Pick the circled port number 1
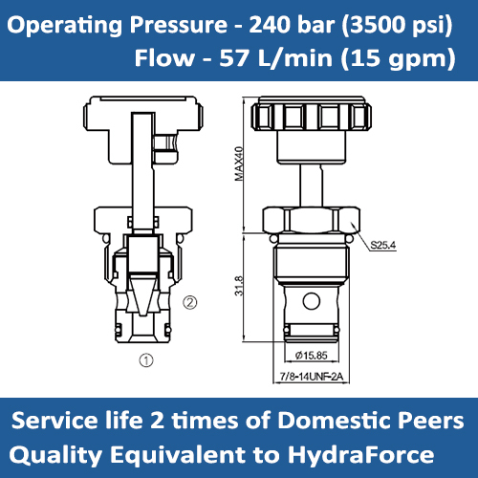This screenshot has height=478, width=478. click(x=145, y=361)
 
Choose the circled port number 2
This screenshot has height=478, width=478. click(x=190, y=304)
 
